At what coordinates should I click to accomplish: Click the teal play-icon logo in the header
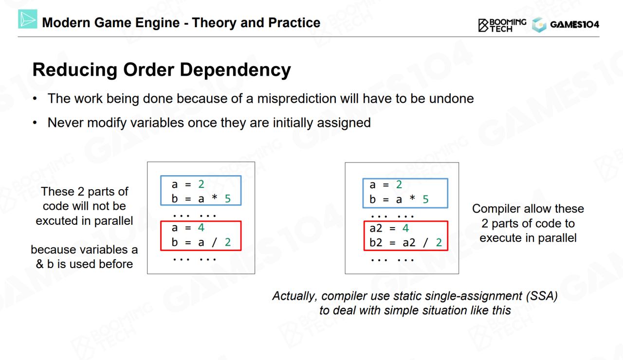tap(28, 19)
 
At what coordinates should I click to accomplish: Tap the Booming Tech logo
tap(502, 25)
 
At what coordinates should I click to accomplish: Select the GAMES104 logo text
tap(575, 25)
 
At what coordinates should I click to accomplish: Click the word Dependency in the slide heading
tap(235, 70)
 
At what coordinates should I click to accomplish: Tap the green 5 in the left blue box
tap(228, 198)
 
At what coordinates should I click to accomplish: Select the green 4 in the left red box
tap(201, 228)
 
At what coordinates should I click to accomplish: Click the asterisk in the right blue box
tap(412, 198)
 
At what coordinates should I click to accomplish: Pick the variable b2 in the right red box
tap(376, 242)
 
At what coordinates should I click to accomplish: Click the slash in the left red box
tap(214, 242)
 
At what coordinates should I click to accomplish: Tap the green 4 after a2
tap(406, 228)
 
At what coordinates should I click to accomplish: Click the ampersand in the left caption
tap(40, 264)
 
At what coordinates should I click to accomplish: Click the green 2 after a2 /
tap(439, 242)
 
